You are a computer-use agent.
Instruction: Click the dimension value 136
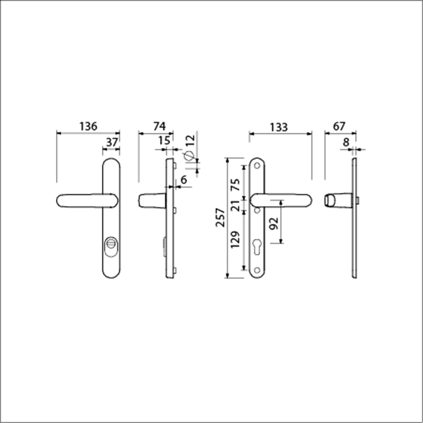tap(88, 126)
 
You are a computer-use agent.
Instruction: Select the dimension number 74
tap(160, 126)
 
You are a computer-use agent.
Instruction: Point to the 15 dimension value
tap(164, 141)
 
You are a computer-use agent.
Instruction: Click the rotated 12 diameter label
tap(191, 140)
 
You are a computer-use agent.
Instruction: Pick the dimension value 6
tap(183, 180)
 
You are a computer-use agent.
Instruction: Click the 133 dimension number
tap(279, 127)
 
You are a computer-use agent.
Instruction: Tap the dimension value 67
tap(339, 126)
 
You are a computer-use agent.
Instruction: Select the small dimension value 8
tap(346, 142)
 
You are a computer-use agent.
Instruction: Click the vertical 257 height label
tap(220, 217)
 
